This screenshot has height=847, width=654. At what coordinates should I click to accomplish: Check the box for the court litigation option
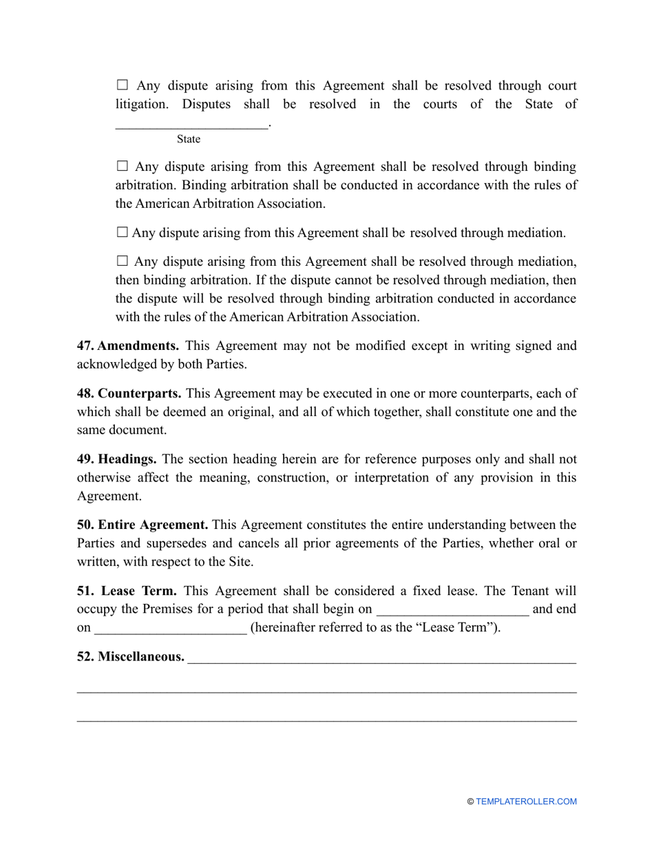click(123, 85)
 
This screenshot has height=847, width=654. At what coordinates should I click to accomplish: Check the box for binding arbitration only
click(123, 166)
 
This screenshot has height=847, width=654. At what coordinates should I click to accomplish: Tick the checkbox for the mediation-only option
click(123, 233)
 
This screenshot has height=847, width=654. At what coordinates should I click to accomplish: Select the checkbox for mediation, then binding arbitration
click(123, 261)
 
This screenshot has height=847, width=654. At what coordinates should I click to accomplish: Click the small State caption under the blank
click(189, 139)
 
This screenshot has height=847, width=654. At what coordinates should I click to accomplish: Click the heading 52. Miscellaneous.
click(131, 657)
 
